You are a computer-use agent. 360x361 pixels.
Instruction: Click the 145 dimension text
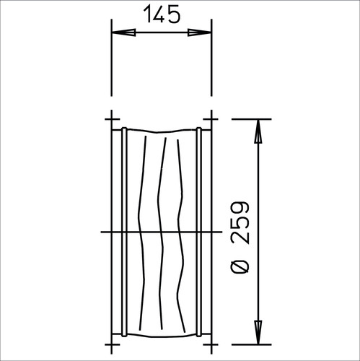tap(162, 14)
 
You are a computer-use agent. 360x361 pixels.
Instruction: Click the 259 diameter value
tap(240, 222)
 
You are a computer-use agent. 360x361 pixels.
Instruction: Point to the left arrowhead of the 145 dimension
tap(123, 32)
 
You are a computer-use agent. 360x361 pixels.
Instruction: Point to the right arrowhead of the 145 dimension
tap(199, 32)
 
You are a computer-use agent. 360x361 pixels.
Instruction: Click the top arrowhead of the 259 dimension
tap(258, 131)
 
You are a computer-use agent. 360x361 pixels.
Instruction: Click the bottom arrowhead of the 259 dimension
tap(258, 332)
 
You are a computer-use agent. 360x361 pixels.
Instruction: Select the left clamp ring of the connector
tap(124, 232)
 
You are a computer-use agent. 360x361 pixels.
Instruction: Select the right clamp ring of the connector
tap(198, 232)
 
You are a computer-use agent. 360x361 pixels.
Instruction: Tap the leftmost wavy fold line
tap(141, 232)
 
